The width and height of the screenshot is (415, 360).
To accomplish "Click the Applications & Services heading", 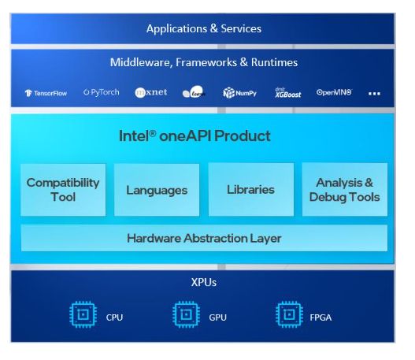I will click(203, 29).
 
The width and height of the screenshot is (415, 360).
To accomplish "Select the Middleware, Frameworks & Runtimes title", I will click(203, 62).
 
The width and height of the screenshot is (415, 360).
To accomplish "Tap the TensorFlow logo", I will click(46, 93).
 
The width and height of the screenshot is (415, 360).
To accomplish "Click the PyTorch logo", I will click(102, 92).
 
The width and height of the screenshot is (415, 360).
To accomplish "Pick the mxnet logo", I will click(150, 92).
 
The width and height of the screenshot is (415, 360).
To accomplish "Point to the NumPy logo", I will click(240, 93).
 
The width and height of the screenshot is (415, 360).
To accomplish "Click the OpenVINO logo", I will click(334, 92).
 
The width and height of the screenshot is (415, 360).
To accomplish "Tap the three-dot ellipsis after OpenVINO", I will click(374, 93).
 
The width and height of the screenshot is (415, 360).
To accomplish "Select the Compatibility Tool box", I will click(63, 189).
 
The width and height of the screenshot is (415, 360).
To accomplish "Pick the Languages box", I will click(157, 190).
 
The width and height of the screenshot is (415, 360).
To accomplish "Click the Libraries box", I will click(250, 189).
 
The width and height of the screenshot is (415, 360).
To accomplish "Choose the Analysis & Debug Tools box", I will click(344, 189).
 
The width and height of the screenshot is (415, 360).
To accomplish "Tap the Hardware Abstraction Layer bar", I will click(204, 238).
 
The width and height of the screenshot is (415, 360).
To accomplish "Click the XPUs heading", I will click(203, 280).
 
